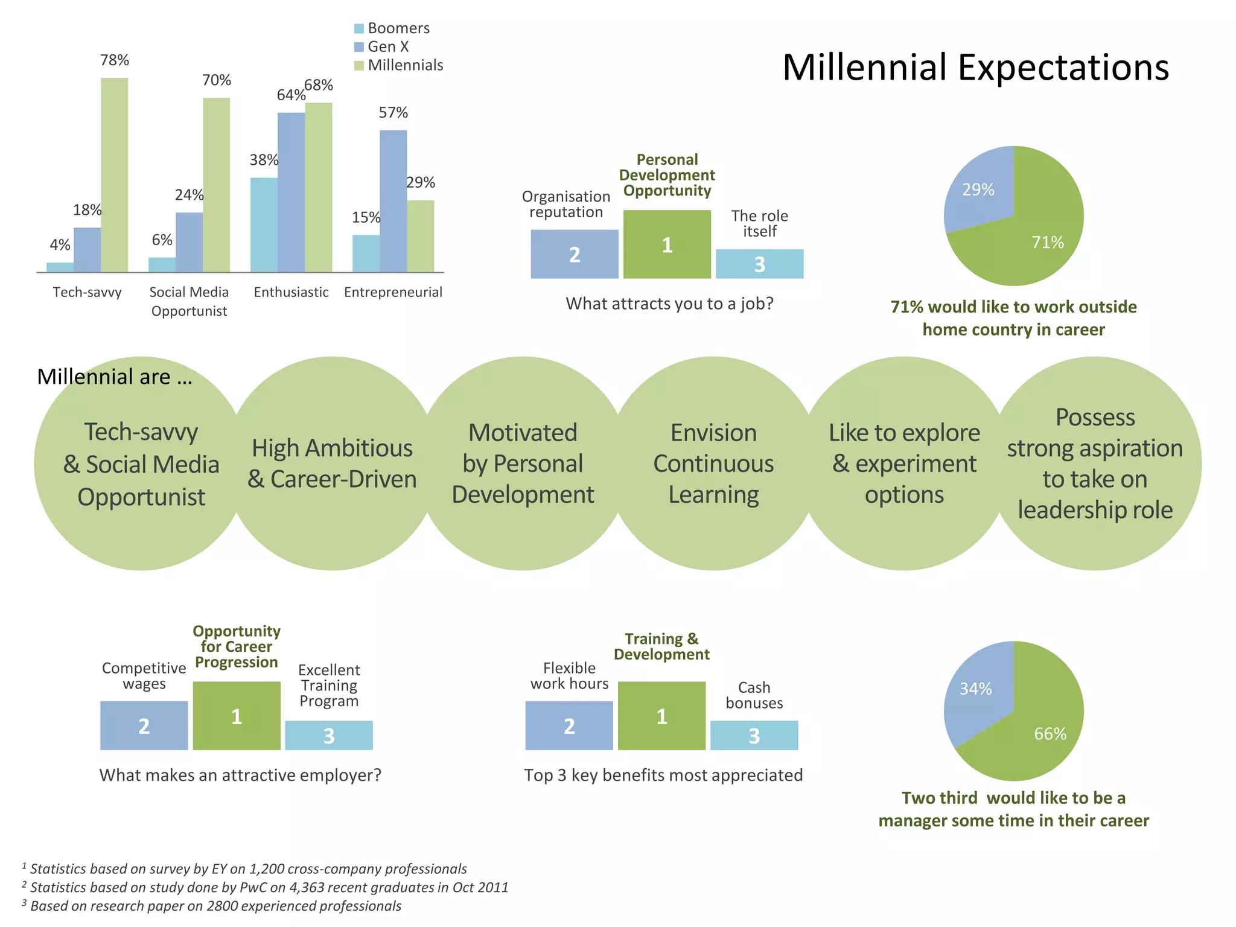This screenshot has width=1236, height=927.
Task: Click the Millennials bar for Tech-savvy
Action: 114,175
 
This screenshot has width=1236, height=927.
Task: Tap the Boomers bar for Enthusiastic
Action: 264,225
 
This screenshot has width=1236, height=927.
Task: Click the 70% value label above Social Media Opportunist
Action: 217,80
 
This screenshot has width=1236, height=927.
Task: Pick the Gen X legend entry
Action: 387,46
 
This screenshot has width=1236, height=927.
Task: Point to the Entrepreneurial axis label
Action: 393,292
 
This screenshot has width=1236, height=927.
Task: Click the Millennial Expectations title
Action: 975,67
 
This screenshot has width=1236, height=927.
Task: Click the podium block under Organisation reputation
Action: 574,254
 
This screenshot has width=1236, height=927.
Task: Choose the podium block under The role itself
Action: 759,264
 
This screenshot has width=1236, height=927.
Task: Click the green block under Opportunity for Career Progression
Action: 237,716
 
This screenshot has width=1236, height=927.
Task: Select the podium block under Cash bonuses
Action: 754,735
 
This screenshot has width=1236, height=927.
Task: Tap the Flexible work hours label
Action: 569,676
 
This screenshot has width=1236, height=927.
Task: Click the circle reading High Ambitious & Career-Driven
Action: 332,463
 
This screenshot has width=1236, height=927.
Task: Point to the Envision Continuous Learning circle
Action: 713,463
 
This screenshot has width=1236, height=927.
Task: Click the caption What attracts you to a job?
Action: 669,304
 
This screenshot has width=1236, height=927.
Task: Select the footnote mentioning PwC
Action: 269,887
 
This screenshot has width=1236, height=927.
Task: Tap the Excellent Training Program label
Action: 329,686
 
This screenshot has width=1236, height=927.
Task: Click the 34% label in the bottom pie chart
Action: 975,689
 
